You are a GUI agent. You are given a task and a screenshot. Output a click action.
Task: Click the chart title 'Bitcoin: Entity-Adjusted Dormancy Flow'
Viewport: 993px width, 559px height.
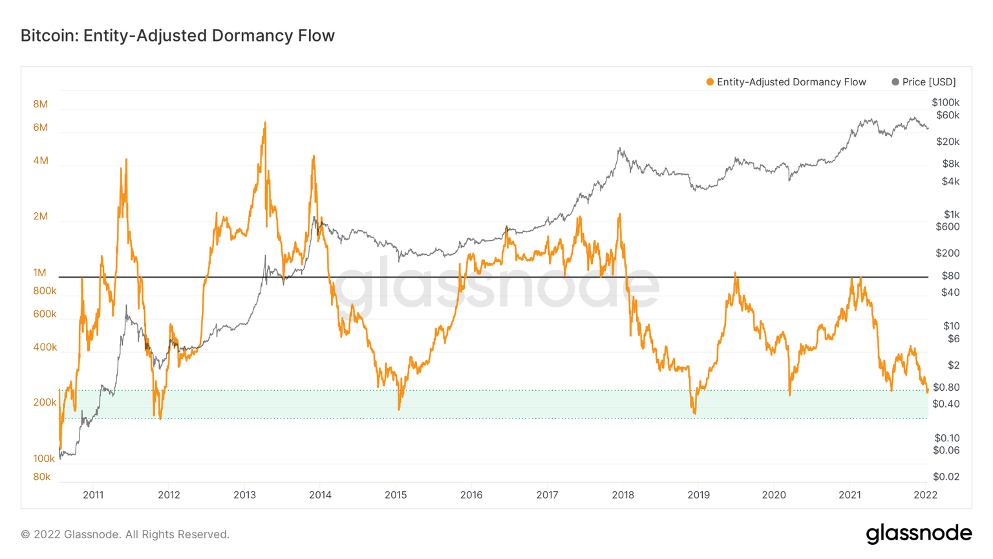(178, 36)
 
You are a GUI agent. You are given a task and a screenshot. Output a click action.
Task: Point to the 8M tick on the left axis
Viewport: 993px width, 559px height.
(40, 104)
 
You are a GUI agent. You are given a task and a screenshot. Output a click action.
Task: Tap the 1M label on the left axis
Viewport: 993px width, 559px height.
(40, 272)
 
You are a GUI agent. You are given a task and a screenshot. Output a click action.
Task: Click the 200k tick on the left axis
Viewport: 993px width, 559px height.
(45, 402)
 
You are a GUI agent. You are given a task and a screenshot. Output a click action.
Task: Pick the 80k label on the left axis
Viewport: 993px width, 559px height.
(42, 477)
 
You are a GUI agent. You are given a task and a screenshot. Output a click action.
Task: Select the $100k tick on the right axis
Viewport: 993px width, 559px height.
(945, 102)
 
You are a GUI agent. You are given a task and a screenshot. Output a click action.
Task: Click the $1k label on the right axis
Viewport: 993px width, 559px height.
(951, 214)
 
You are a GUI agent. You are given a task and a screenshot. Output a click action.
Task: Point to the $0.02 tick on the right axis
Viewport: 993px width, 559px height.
(945, 477)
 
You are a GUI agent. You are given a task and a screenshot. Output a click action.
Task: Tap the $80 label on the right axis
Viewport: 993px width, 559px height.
(950, 276)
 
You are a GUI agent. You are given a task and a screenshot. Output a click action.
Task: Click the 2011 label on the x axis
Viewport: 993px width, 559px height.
(93, 495)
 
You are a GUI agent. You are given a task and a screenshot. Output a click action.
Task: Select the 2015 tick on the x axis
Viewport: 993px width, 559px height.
(396, 495)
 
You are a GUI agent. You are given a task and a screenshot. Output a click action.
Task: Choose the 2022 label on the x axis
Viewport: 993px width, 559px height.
(925, 495)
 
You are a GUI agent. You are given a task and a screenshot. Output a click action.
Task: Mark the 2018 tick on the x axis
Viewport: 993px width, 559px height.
(623, 495)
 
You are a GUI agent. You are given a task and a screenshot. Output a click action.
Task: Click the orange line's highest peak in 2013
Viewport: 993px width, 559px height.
(264, 123)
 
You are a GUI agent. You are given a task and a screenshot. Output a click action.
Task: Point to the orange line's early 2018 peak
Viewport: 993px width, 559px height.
(619, 214)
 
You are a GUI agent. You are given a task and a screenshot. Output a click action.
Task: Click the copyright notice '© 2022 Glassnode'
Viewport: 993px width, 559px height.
(125, 534)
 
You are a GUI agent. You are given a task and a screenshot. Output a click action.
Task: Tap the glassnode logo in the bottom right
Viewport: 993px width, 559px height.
(918, 534)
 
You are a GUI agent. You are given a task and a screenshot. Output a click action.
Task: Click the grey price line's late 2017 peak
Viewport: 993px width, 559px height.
(619, 149)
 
